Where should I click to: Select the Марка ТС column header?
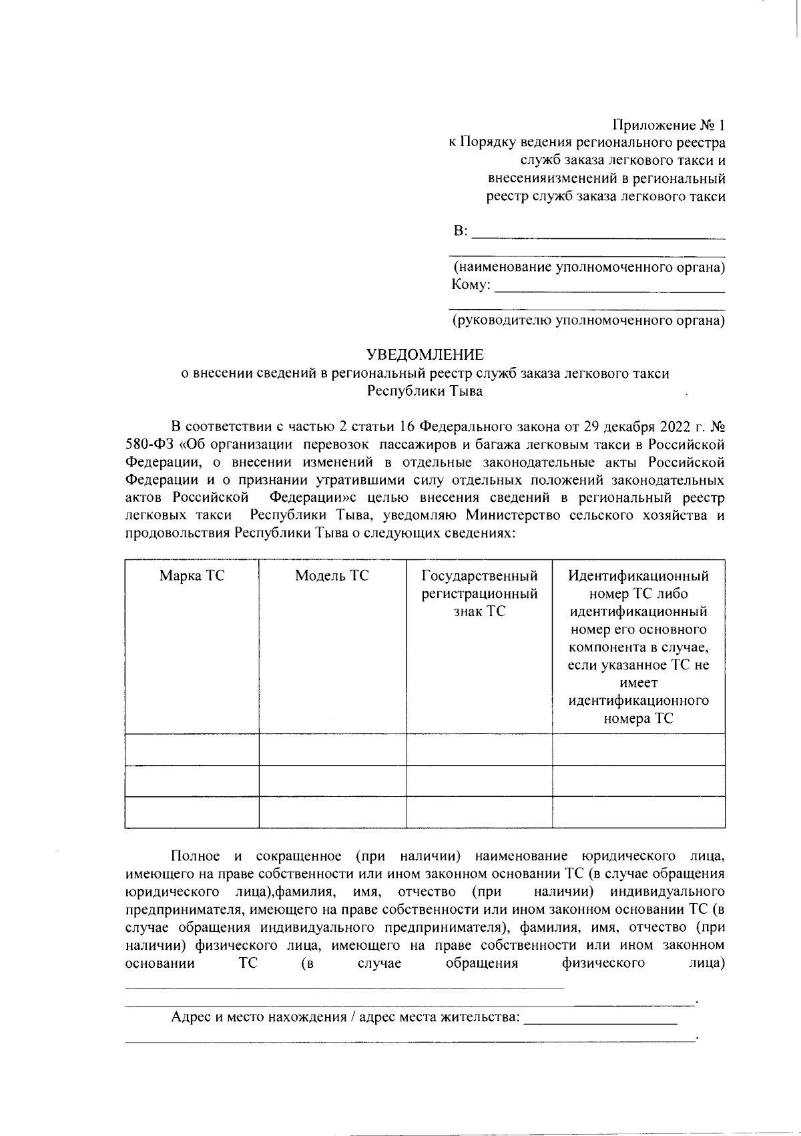192,575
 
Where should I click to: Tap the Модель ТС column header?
332,575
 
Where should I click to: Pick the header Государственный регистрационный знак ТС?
479,593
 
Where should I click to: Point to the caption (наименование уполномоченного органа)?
589,268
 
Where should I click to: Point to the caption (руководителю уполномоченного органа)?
589,321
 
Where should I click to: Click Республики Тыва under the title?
425,391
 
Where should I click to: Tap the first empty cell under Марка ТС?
192,749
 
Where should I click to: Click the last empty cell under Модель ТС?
332,812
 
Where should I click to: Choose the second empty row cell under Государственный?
479,781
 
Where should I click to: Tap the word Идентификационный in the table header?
638,575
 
